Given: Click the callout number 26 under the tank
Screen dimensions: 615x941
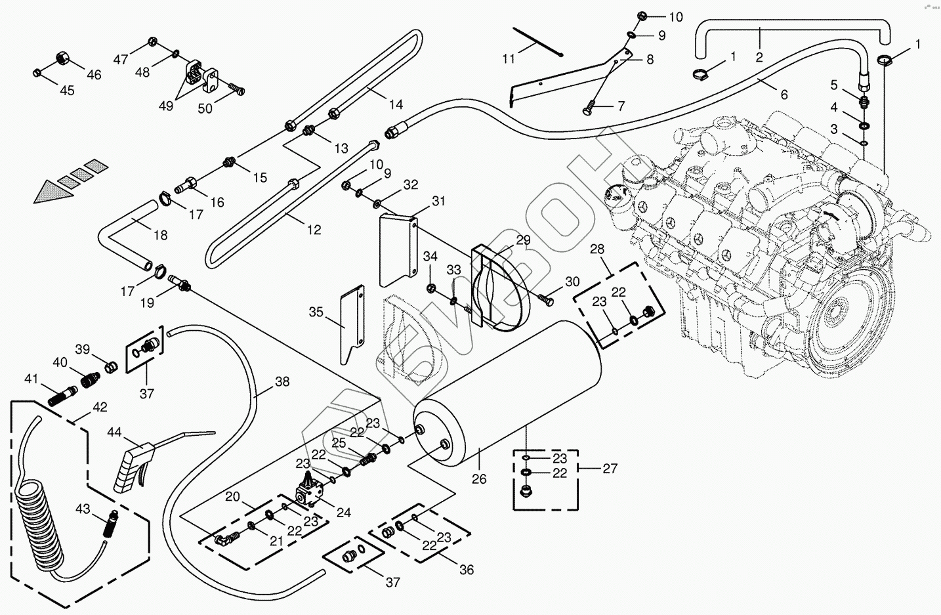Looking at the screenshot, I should [x=479, y=479].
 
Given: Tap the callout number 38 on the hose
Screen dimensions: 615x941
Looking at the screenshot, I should [x=282, y=381].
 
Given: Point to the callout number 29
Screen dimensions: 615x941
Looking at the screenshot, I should [x=523, y=240].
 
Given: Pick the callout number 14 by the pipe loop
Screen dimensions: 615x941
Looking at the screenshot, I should [x=395, y=104].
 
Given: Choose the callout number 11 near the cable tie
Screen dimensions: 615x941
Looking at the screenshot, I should [x=509, y=59].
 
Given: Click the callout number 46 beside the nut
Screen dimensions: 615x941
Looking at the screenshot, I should [x=94, y=75].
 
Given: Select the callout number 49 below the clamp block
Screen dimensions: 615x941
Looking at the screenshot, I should [x=166, y=106].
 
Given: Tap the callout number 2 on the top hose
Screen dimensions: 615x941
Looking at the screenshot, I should [x=759, y=57].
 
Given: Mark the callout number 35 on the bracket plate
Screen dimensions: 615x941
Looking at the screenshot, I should [x=316, y=312].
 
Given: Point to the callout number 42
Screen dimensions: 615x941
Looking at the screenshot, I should [x=99, y=407].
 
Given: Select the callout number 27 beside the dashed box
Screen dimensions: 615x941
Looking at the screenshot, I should [x=610, y=469].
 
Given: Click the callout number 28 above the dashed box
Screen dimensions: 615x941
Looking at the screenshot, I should [x=596, y=249].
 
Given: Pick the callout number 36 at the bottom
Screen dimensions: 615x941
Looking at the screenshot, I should [x=466, y=570].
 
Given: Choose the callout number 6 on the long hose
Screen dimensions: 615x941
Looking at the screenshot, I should [x=784, y=95].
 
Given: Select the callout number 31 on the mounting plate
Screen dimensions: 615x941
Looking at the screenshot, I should [x=438, y=201].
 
